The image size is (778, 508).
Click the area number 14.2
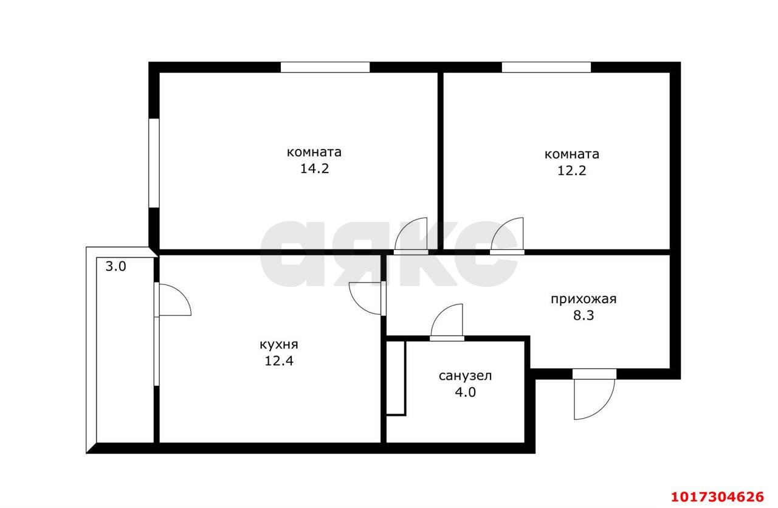pos(314,169)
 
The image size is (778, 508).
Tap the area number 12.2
pos(572,171)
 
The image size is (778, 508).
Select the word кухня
pos(279,345)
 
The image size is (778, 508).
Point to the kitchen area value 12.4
pos(279,361)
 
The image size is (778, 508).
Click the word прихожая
pos(583,299)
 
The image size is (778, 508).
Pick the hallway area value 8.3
pos(583,315)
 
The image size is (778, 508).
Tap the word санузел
pos(465,376)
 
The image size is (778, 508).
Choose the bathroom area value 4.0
pos(465,392)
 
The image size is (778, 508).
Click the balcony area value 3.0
pos(115,267)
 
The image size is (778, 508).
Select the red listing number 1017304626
pos(717,497)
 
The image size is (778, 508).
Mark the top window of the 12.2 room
pos(546,67)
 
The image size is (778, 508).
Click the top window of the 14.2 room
pos(325,67)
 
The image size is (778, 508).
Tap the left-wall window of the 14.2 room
pos(154,163)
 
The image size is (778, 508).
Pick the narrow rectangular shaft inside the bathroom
pos(396,378)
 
